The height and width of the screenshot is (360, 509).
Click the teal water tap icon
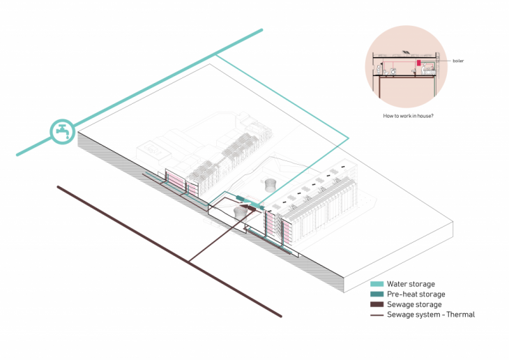(62, 130)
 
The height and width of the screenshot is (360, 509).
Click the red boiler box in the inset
(419, 63)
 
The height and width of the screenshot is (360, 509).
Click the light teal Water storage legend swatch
(377, 284)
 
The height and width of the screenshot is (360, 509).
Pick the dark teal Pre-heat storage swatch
(377, 294)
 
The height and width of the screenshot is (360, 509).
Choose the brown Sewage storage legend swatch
(377, 305)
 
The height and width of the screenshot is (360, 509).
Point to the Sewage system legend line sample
(377, 315)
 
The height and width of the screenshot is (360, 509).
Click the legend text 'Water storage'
(411, 284)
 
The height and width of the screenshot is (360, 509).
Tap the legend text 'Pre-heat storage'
(416, 294)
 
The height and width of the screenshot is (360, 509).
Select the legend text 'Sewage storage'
(414, 305)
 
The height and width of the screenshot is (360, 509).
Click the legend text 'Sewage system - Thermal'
(431, 315)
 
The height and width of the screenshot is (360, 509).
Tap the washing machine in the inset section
(393, 71)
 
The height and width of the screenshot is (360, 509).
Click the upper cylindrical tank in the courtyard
(270, 184)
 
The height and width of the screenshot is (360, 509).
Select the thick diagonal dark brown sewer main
(167, 250)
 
